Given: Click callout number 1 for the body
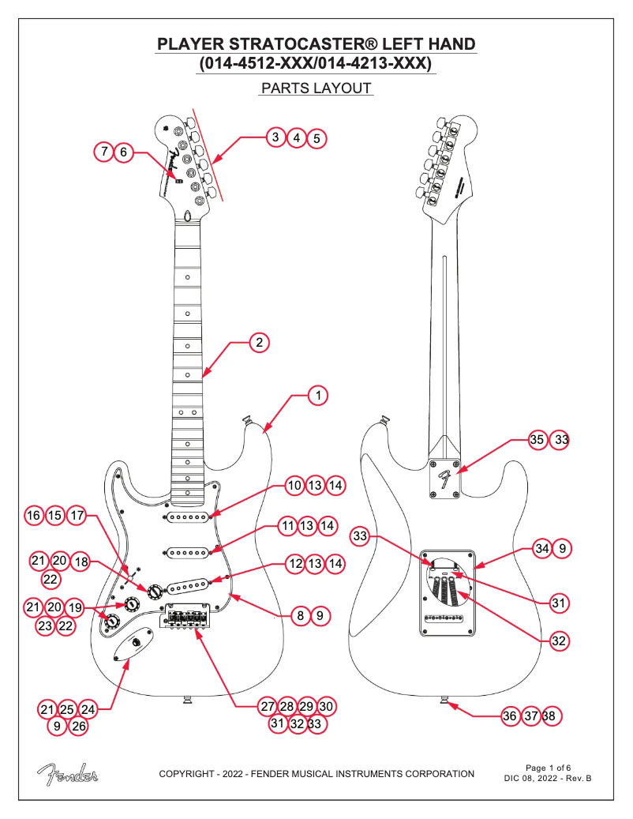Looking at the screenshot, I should click(x=316, y=393).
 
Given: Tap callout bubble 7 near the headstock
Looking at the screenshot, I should click(x=104, y=152).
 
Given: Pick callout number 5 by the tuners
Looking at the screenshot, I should click(x=316, y=138).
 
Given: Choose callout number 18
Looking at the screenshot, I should click(x=81, y=561).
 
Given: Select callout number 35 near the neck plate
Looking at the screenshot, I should click(x=537, y=441).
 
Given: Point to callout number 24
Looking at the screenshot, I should click(x=88, y=710).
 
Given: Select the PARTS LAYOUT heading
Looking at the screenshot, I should click(x=316, y=88).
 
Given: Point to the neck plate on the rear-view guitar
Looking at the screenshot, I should click(x=445, y=479).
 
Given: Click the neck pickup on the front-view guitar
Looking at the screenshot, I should click(x=188, y=517).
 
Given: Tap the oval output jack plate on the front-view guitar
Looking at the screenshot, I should click(x=133, y=648).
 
